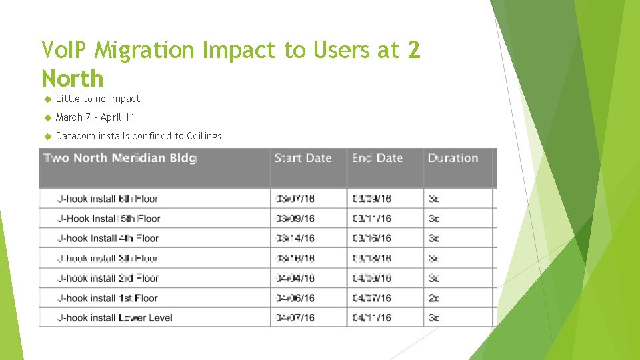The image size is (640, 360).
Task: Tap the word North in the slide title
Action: pyautogui.click(x=73, y=79)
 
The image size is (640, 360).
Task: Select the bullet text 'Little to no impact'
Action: pyautogui.click(x=98, y=99)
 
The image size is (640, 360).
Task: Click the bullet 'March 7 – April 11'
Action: pyautogui.click(x=95, y=117)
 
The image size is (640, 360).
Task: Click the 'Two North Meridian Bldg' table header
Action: pyautogui.click(x=120, y=158)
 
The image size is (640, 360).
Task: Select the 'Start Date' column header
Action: pyautogui.click(x=303, y=158)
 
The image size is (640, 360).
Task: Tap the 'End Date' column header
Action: pyautogui.click(x=377, y=158)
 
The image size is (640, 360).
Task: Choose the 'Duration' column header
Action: pyautogui.click(x=453, y=158)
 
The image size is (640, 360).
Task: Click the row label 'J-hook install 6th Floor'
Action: pyautogui.click(x=108, y=199)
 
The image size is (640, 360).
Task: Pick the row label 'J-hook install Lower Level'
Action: pyautogui.click(x=115, y=318)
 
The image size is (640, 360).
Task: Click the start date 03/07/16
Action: pyautogui.click(x=295, y=199)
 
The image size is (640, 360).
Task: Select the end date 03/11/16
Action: pyautogui.click(x=371, y=219)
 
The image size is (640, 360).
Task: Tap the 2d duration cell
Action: pyautogui.click(x=435, y=298)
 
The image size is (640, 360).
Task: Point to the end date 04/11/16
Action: pyautogui.click(x=371, y=318)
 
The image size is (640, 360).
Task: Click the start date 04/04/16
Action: pyautogui.click(x=295, y=278)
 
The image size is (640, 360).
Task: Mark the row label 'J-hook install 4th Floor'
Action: pyautogui.click(x=108, y=239)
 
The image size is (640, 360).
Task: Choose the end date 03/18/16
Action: pyautogui.click(x=371, y=259)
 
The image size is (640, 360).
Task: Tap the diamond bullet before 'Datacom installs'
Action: pyautogui.click(x=47, y=136)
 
